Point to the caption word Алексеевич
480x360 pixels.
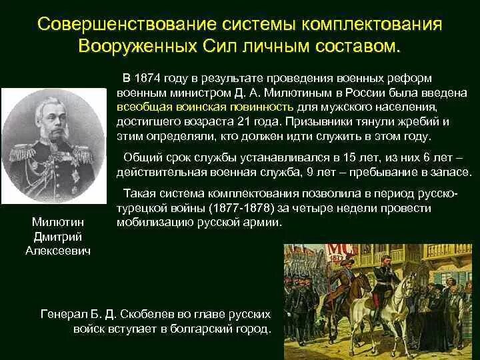[x=59, y=251]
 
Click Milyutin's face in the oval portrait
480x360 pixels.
[x=55, y=115]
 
